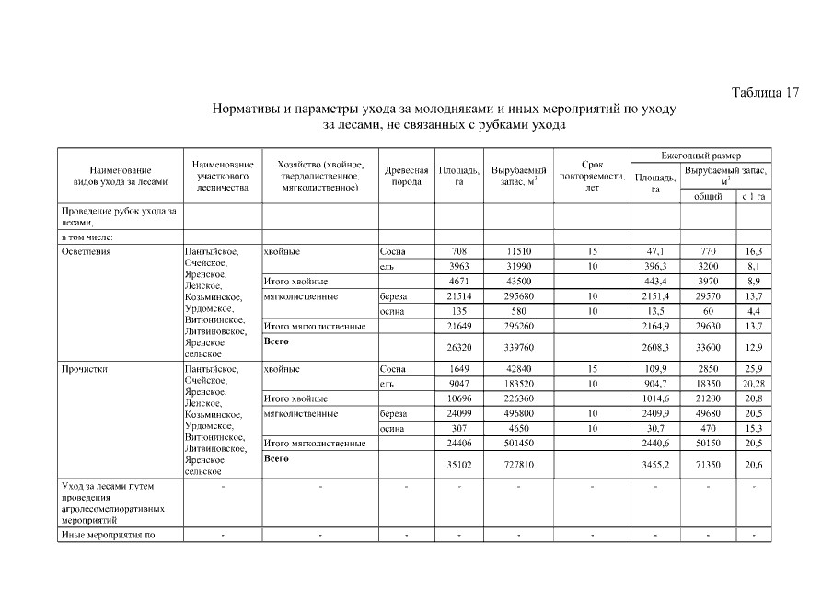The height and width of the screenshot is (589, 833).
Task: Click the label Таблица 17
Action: click(x=765, y=92)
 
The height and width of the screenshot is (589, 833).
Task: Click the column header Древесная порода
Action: click(x=406, y=176)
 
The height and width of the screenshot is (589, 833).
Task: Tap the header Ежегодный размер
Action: click(x=700, y=156)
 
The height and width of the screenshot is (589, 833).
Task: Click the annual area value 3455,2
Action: click(x=655, y=465)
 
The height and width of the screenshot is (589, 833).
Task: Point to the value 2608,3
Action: click(x=655, y=347)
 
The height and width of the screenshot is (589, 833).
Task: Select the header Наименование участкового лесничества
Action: click(x=222, y=176)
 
